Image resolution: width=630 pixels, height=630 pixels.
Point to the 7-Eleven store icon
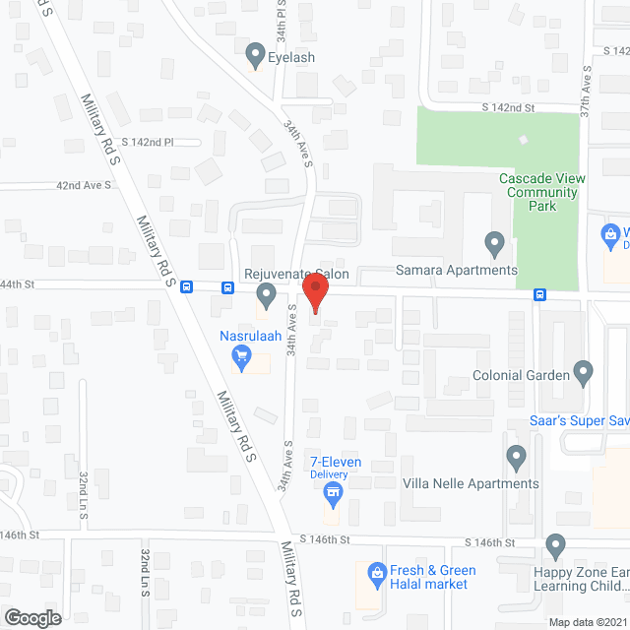pyautogui.click(x=334, y=490)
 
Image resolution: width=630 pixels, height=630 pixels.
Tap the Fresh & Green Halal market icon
pyautogui.click(x=375, y=572)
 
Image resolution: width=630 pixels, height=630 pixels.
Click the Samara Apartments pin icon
pyautogui.click(x=494, y=242)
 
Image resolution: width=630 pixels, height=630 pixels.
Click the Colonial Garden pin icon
pyautogui.click(x=584, y=373)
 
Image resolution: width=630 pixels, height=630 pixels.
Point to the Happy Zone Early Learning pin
pyautogui.click(x=555, y=546)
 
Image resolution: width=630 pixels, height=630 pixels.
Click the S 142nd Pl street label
pyautogui.click(x=142, y=142)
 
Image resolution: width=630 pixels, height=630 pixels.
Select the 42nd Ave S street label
pyautogui.click(x=83, y=184)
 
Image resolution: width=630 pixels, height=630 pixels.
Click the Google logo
pyautogui.click(x=31, y=617)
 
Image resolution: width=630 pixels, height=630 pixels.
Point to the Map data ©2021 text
pyautogui.click(x=588, y=622)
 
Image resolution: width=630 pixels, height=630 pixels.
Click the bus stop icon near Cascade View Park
pyautogui.click(x=540, y=294)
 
